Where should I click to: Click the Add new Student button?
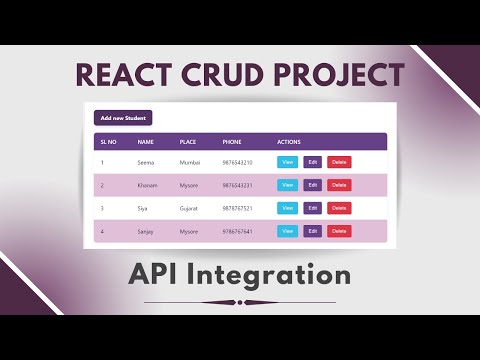123,119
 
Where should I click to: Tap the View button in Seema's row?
287,162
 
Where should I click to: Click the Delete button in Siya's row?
339,208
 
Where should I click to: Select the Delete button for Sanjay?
339,231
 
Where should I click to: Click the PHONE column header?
232,141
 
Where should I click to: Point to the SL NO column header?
108,141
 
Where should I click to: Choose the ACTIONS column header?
289,141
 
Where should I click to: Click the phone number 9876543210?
237,162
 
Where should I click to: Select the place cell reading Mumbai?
190,162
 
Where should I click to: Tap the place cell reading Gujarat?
189,208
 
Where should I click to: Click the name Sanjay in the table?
147,231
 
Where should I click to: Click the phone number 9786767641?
237,231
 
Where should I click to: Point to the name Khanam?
148,185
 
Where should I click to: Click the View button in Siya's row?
287,208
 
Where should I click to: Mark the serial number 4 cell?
102,231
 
